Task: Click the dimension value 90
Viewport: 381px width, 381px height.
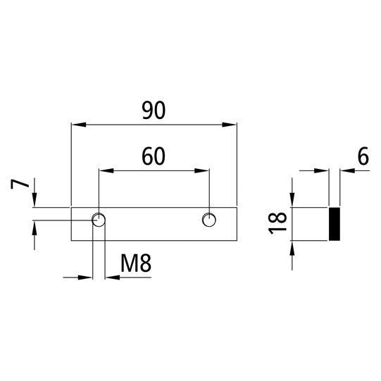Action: [x=154, y=111]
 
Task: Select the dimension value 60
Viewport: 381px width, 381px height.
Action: [x=154, y=156]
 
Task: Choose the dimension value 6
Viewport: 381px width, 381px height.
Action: [x=363, y=157]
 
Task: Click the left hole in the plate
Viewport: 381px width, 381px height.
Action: [x=99, y=220]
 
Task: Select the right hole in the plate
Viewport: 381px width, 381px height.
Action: [x=209, y=220]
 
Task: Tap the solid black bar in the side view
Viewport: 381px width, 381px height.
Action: [x=335, y=224]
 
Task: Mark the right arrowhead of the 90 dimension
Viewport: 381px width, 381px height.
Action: [x=230, y=125]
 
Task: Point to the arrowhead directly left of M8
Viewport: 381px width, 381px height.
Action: [x=111, y=277]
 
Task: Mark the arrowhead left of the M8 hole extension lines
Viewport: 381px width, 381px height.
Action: [x=87, y=277]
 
